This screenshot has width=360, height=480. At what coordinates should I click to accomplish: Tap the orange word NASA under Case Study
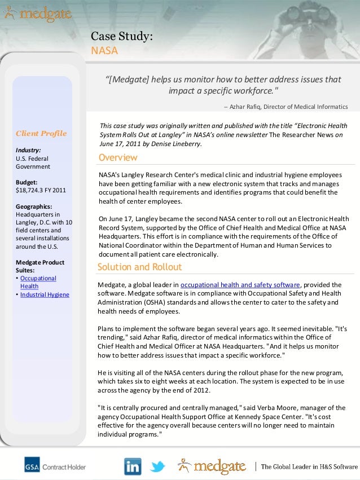(104, 51)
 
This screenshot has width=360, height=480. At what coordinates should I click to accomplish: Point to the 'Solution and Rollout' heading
(139, 267)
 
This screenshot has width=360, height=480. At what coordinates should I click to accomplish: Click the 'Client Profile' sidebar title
(41, 134)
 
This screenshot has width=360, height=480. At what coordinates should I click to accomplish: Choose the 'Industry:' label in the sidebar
(28, 151)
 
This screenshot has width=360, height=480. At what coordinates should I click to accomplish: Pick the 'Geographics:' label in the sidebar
(34, 206)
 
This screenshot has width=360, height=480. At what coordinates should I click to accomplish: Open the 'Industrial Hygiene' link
(44, 294)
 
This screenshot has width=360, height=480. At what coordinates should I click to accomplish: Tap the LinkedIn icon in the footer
(133, 466)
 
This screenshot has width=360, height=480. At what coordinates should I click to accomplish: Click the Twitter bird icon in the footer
(157, 466)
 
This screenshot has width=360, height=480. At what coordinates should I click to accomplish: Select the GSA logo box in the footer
(32, 466)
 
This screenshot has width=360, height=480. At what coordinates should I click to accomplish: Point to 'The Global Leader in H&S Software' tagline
(309, 466)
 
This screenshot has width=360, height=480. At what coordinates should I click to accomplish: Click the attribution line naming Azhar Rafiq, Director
(286, 107)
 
